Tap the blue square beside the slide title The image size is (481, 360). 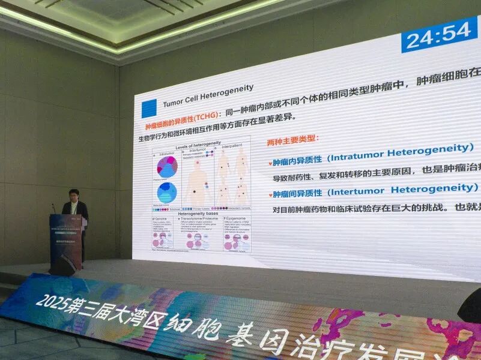[x=149, y=108]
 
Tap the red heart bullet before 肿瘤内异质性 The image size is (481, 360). [x=270, y=163]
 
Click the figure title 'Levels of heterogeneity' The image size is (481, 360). [x=198, y=146]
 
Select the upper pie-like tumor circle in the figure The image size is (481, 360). [x=167, y=166]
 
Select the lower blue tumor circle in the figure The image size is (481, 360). [x=167, y=193]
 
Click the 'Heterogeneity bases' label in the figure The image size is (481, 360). [x=198, y=214]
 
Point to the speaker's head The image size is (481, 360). [x=74, y=196]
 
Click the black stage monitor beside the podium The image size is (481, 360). [x=62, y=266]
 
